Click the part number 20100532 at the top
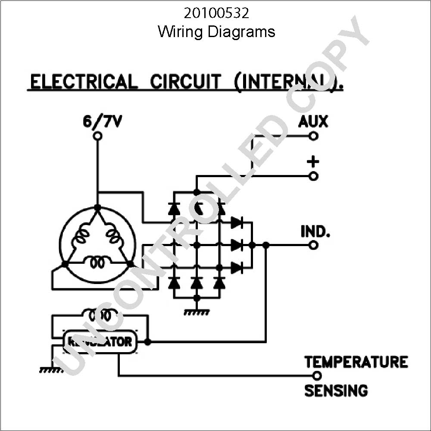click(x=217, y=13)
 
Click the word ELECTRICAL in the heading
click(x=84, y=81)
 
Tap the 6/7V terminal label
click(x=102, y=122)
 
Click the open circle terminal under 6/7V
click(x=97, y=136)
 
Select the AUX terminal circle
click(x=313, y=136)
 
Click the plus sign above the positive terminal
click(x=313, y=162)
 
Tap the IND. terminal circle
click(x=313, y=245)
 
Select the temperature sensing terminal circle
click(x=317, y=375)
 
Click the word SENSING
click(x=336, y=390)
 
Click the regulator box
click(x=100, y=342)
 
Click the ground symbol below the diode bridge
click(x=196, y=312)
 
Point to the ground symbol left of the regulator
click(x=52, y=370)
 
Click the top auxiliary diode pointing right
click(x=237, y=223)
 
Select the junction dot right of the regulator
click(x=147, y=342)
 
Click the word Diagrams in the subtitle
click(x=241, y=32)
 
